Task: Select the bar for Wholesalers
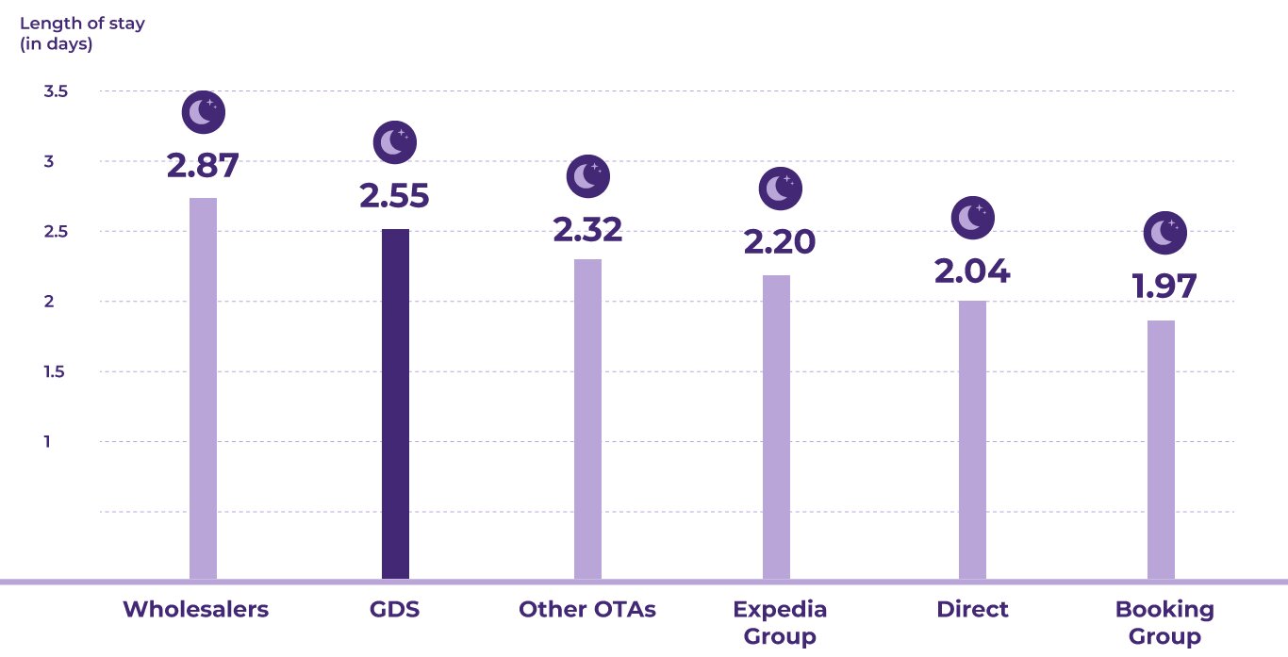click(x=203, y=387)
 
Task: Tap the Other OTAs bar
click(x=587, y=419)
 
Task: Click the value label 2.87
click(x=203, y=165)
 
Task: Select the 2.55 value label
click(x=394, y=196)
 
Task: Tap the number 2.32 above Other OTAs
click(x=587, y=229)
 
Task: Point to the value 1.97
click(x=1164, y=286)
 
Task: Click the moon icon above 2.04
click(x=973, y=219)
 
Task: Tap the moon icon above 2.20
click(x=780, y=189)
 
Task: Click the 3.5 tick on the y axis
click(x=56, y=91)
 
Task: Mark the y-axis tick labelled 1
click(x=47, y=441)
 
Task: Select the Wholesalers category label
click(x=195, y=609)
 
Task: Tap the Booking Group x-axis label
click(x=1164, y=622)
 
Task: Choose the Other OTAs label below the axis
click(x=586, y=609)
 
